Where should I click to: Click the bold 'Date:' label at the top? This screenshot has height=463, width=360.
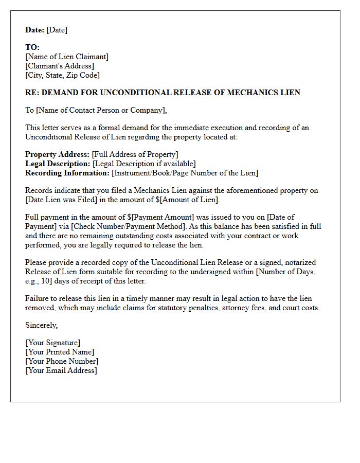coord(35,30)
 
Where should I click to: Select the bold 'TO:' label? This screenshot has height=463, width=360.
coord(32,47)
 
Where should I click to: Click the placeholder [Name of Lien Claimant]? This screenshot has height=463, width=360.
coord(67,57)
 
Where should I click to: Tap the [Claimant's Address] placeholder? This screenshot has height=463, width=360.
coord(60,66)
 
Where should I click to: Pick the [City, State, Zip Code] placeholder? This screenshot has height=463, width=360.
coord(62,75)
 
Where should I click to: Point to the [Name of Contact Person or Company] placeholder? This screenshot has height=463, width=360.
coord(101,110)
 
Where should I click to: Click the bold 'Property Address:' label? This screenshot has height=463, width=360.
coord(57,154)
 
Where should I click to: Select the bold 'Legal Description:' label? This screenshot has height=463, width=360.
coord(58,164)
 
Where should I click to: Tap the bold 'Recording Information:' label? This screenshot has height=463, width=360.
coord(67,173)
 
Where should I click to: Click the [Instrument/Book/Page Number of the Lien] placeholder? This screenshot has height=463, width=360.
coord(185,173)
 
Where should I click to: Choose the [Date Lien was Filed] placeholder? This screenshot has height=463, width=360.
coord(58,200)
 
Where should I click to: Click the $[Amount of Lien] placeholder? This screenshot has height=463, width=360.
coord(187,200)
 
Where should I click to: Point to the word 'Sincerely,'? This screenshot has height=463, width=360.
coord(42,325)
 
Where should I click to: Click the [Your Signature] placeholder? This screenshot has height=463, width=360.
coord(52,343)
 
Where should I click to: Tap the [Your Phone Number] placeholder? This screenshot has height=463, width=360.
coord(62,361)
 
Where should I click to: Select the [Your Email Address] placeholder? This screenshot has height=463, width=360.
coord(61,370)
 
